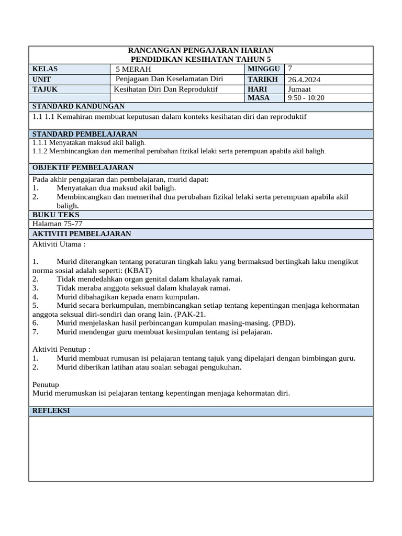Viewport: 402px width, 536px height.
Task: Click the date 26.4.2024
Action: click(x=304, y=80)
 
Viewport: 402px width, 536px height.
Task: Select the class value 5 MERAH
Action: click(x=133, y=70)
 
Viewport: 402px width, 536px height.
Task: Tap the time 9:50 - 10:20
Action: click(x=306, y=98)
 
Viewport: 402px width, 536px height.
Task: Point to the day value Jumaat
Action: click(x=299, y=89)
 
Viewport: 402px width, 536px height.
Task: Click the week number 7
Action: click(x=290, y=69)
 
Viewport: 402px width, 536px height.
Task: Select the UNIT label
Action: click(x=42, y=79)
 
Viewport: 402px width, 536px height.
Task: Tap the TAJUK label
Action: click(x=44, y=89)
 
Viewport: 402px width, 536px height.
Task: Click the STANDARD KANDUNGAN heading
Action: click(x=79, y=106)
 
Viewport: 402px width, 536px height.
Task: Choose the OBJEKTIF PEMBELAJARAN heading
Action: click(x=83, y=167)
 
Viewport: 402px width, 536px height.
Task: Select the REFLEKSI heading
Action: click(x=51, y=411)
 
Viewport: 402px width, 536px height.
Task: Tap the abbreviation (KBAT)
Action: click(x=138, y=270)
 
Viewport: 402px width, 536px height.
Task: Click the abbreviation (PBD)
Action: click(x=283, y=323)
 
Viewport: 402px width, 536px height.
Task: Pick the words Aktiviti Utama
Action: click(x=58, y=243)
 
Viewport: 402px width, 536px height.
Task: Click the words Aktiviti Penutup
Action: click(x=61, y=349)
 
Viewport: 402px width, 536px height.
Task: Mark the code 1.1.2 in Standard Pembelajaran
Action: click(x=40, y=151)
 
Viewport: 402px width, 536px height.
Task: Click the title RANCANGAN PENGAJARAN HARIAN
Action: click(x=200, y=50)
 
